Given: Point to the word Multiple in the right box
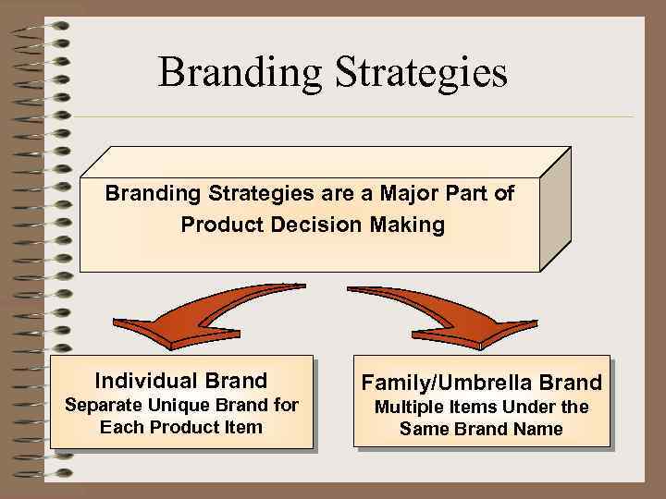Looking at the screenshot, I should tap(407, 407).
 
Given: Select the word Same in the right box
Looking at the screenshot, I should tap(421, 429).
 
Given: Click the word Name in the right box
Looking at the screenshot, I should tap(538, 429).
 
